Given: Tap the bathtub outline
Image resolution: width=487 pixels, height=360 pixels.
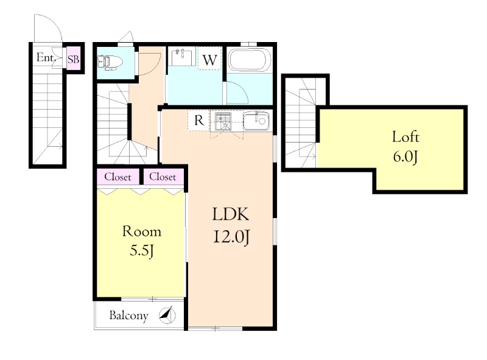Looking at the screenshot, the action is (250, 60).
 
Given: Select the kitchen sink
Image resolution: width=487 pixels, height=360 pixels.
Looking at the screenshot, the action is (256, 121).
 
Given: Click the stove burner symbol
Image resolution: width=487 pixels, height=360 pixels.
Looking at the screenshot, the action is (223, 121).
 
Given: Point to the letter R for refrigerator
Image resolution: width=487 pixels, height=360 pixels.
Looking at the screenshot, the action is (199, 120).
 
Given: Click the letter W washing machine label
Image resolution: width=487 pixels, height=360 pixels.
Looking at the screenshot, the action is (209, 60).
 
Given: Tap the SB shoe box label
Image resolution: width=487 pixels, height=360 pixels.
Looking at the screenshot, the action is (74, 58).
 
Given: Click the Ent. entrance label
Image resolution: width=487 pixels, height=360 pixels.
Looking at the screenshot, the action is (46, 57).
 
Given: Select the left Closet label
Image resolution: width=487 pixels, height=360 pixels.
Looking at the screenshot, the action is (117, 177).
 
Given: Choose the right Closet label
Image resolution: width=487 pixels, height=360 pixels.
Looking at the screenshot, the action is (163, 177).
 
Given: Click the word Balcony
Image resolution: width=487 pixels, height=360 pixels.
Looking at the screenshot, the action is (128, 316).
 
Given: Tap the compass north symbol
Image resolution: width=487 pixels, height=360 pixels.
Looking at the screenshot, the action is (167, 315).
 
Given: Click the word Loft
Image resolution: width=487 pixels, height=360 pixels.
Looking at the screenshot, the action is (405, 137).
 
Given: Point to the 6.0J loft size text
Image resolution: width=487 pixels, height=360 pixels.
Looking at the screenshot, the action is (405, 157).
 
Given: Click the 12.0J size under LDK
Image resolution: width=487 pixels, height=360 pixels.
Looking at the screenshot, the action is (231, 238).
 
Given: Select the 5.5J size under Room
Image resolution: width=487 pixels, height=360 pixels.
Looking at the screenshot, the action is (142, 250).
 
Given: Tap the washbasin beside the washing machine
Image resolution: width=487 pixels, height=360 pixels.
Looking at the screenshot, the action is (181, 57).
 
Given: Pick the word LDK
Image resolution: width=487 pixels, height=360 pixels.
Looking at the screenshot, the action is (231, 214).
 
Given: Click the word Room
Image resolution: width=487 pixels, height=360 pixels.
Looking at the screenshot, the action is (142, 231).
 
